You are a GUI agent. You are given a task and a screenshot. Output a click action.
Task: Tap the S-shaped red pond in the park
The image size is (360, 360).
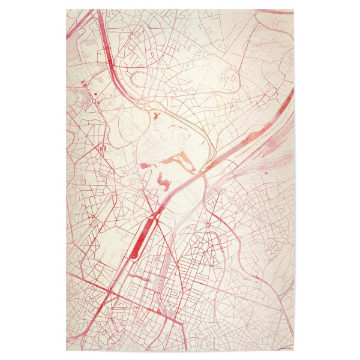(x=162, y=179)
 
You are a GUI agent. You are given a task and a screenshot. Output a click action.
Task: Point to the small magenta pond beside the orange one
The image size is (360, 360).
(x=146, y=166)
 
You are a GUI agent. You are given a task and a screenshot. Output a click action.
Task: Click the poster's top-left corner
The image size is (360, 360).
(x=67, y=9)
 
